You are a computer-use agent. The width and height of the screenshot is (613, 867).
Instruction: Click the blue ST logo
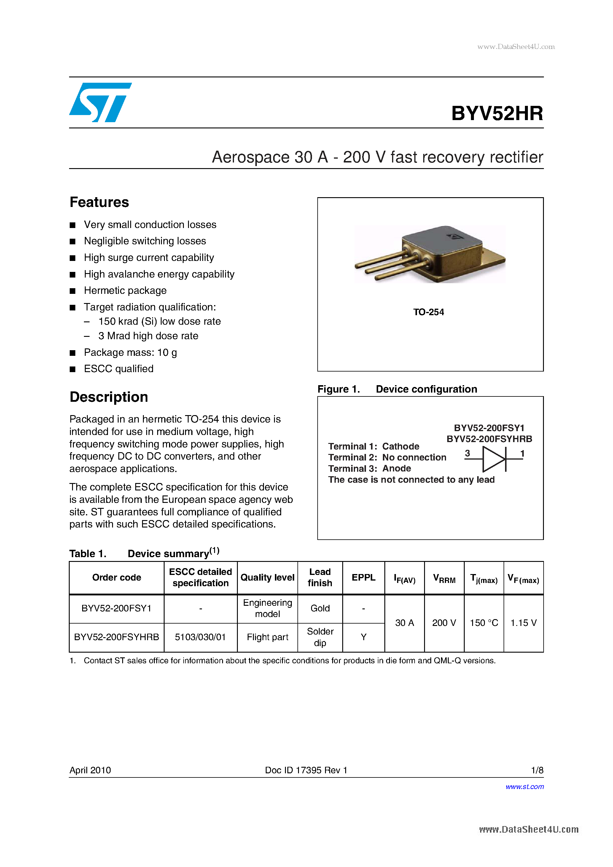point(100,102)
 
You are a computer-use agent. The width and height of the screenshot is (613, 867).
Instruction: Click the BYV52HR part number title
point(497,113)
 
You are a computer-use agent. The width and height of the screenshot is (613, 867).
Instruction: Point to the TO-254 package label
point(428,312)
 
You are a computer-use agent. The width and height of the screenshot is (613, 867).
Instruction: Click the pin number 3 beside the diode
point(467,453)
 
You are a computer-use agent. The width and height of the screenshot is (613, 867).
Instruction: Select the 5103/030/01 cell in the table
point(200,637)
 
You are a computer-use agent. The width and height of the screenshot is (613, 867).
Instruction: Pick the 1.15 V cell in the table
point(523,623)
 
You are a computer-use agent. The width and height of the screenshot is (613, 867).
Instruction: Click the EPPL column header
point(363,577)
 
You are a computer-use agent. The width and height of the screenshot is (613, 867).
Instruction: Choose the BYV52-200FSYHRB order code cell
point(116,637)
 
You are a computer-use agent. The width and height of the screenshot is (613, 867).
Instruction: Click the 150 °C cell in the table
point(483,623)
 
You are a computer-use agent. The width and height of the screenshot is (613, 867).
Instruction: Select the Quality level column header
point(268,577)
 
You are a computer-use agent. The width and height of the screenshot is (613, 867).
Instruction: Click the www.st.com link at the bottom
point(524,787)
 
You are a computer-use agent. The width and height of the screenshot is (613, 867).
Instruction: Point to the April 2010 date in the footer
point(90,770)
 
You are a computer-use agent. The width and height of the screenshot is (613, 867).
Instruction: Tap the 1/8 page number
point(537,770)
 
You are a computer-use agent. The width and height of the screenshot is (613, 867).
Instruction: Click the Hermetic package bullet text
point(125,290)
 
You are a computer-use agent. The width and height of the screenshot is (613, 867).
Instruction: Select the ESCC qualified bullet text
point(119,369)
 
